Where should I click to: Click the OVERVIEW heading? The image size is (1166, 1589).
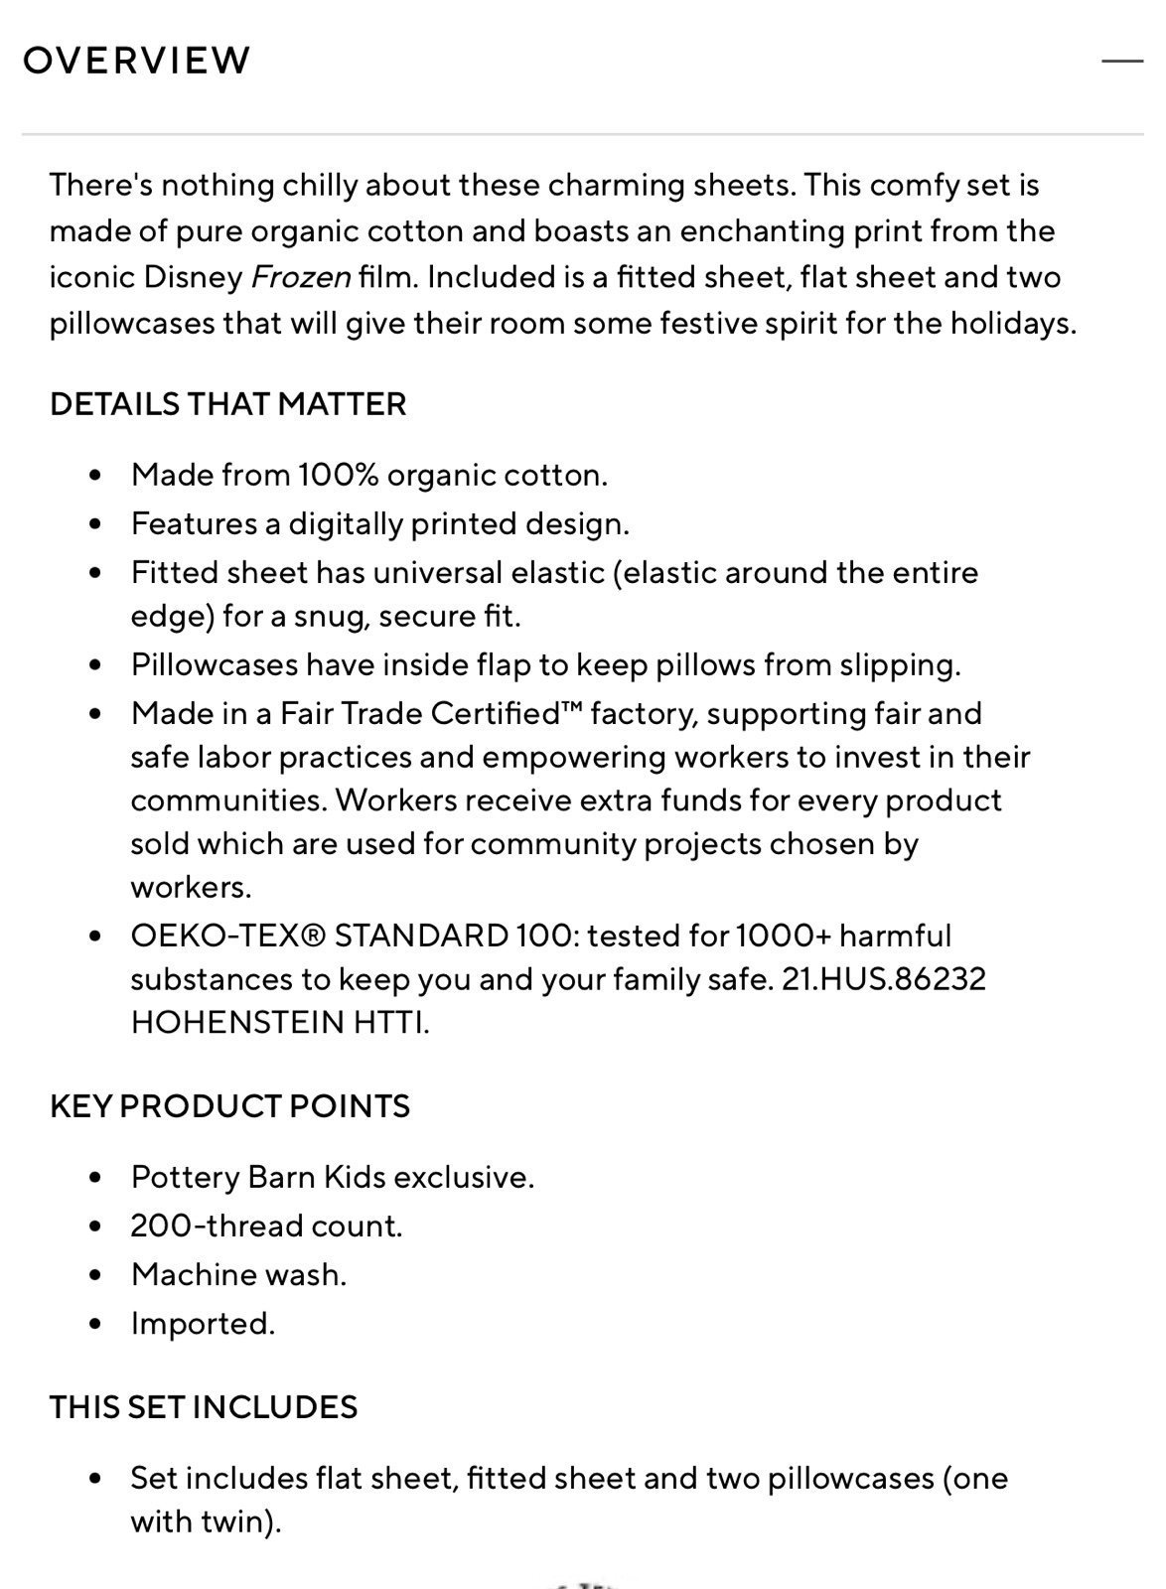(136, 61)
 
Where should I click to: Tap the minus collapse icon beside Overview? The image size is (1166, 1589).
(1122, 61)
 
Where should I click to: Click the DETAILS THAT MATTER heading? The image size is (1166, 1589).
(228, 404)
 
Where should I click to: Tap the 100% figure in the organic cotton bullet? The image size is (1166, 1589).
(338, 475)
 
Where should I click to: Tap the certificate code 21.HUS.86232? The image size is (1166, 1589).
(884, 979)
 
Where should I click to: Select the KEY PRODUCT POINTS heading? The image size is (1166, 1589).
(229, 1106)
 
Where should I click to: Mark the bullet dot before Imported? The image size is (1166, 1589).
(95, 1324)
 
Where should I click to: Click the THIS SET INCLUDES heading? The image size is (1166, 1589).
(204, 1407)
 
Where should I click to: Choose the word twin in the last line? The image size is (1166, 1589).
(236, 1522)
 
